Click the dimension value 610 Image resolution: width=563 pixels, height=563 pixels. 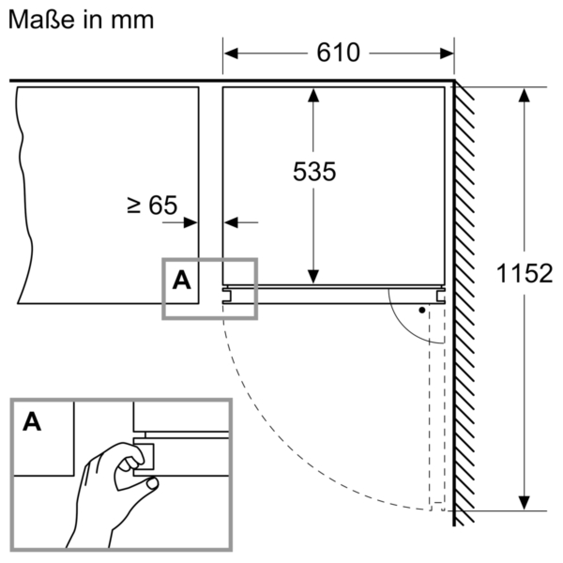(338, 53)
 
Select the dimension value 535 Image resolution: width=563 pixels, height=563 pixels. (314, 172)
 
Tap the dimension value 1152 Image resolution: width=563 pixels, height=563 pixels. (524, 274)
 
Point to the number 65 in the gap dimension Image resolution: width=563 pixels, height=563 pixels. (163, 205)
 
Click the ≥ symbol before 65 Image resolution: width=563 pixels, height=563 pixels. (134, 205)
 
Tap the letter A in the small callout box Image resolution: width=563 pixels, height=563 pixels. (182, 280)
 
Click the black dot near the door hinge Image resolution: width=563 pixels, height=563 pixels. (422, 310)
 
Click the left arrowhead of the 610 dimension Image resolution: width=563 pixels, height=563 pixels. (231, 53)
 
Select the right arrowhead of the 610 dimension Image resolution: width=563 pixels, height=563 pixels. (447, 53)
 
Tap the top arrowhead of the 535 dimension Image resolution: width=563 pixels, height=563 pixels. (313, 95)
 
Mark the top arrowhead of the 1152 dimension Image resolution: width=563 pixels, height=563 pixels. (524, 95)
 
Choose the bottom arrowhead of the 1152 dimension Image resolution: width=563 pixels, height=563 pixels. (524, 503)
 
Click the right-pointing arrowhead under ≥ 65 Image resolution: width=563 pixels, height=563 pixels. (191, 223)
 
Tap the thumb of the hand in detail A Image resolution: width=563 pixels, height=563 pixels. (152, 483)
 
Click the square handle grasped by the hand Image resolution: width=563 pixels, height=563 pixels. (145, 456)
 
